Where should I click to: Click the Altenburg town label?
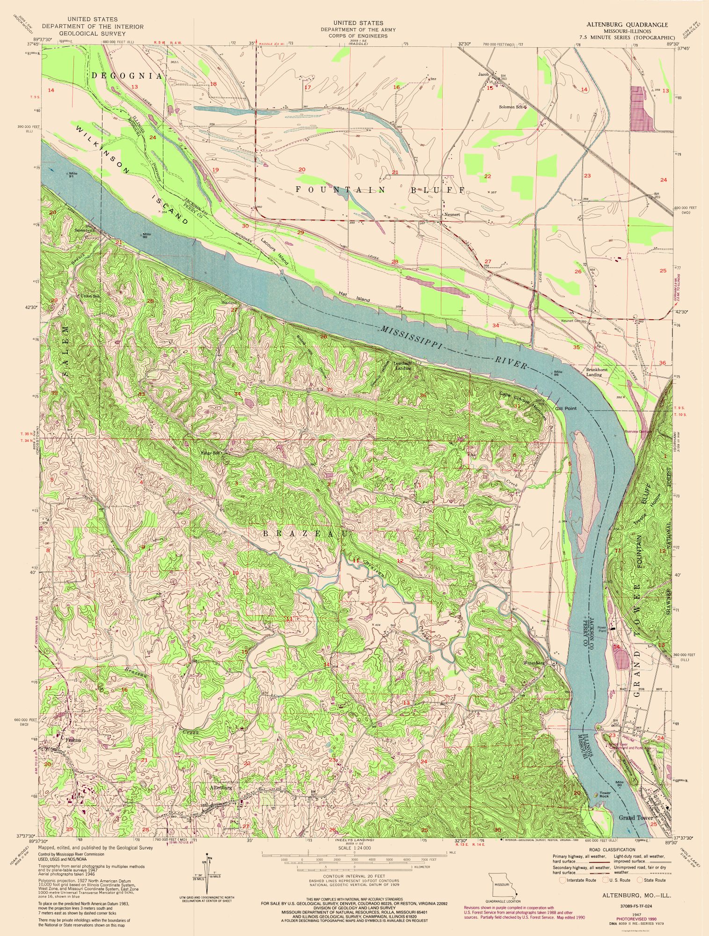tap(222, 788)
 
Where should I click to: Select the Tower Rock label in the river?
tap(605, 794)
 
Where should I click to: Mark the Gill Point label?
tap(566, 408)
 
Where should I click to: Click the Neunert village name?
tap(452, 214)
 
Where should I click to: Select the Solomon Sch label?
tap(512, 107)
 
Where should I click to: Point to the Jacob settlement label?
tap(483, 74)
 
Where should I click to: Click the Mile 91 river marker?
tap(72, 175)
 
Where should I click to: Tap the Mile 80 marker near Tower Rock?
tap(620, 782)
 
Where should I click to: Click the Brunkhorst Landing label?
tap(594, 372)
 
